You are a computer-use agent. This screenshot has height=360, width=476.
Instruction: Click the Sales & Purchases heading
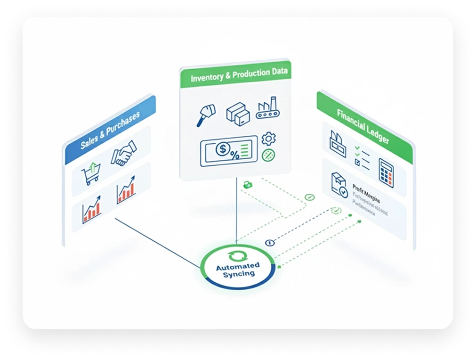point(110,131)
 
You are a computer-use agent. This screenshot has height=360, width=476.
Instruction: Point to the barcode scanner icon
point(206,114)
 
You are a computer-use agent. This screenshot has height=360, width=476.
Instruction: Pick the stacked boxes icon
point(238,113)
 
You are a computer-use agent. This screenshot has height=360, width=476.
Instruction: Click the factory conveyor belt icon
point(268,109)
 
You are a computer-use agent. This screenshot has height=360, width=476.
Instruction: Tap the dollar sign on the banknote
point(222,150)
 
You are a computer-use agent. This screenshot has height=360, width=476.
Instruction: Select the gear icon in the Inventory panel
point(269,139)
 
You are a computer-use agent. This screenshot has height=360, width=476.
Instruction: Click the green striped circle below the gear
point(269,155)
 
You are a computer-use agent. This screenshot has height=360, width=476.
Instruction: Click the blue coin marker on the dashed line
point(269,242)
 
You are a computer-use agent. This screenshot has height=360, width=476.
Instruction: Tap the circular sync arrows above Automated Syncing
point(234,256)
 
